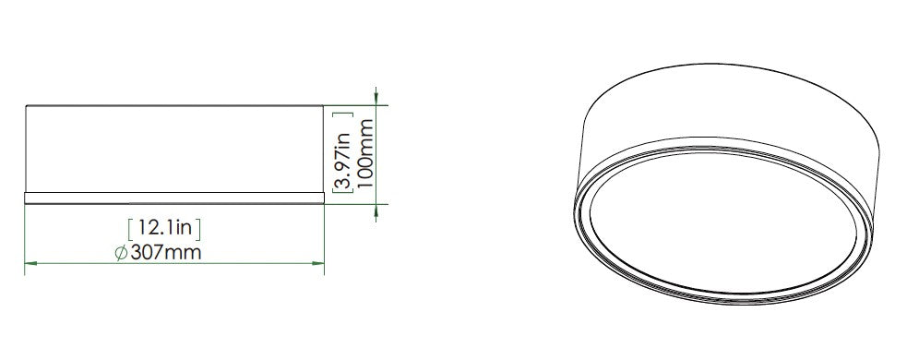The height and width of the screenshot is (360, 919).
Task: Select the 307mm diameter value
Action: pyautogui.click(x=166, y=252)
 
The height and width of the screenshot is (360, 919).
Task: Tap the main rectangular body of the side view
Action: pyautogui.click(x=174, y=148)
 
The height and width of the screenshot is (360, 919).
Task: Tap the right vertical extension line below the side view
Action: pyautogui.click(x=326, y=235)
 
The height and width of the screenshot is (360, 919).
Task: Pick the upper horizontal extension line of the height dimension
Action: pyautogui.click(x=355, y=105)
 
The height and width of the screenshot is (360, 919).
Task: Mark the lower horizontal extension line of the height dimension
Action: pyautogui.click(x=355, y=202)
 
